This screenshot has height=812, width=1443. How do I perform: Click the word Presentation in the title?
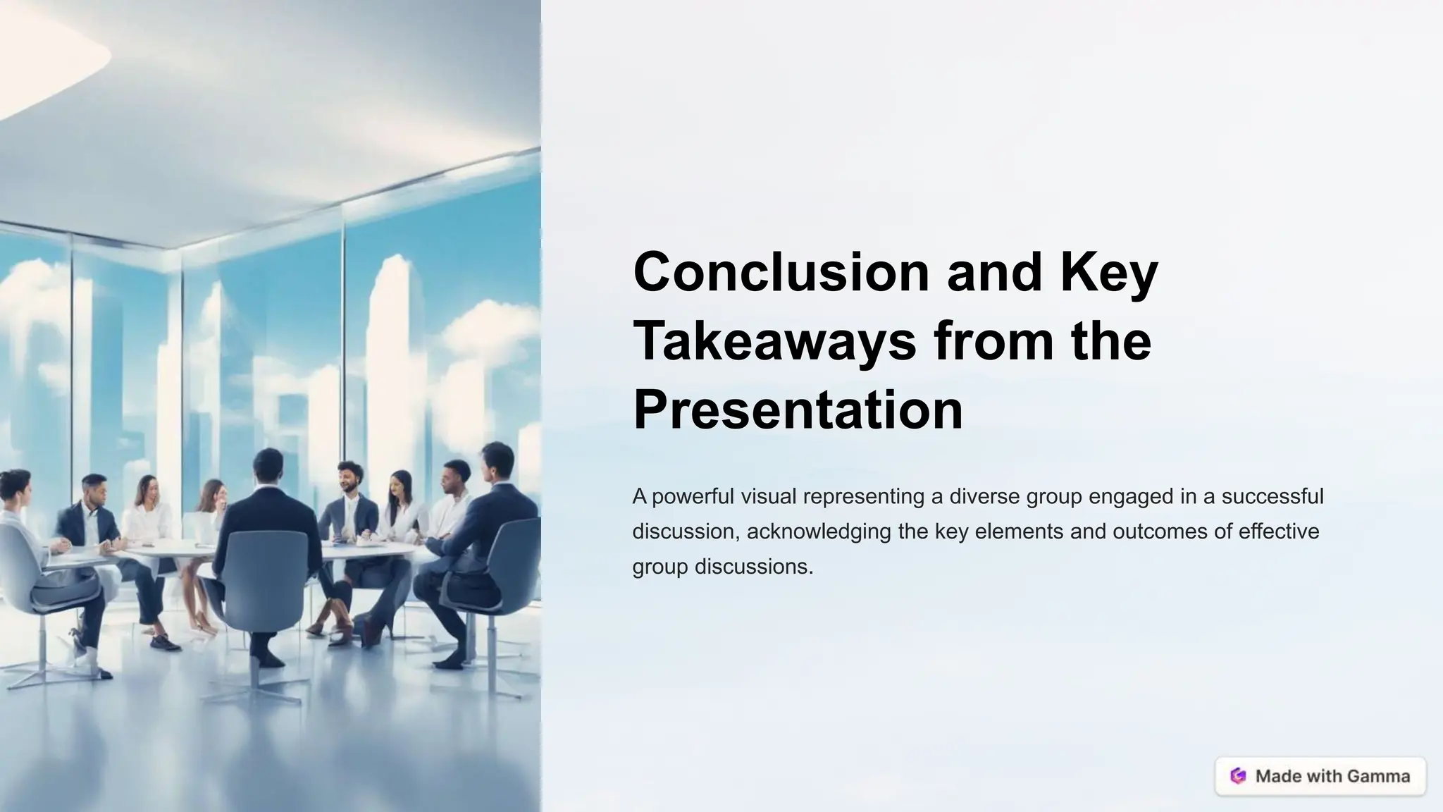pyautogui.click(x=798, y=410)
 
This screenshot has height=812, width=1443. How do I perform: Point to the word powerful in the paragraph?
pyautogui.click(x=693, y=497)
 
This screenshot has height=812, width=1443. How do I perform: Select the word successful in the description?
pyautogui.click(x=1272, y=497)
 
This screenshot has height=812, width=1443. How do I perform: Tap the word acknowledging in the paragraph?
pyautogui.click(x=819, y=531)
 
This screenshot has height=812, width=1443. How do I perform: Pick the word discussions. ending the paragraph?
pyautogui.click(x=754, y=567)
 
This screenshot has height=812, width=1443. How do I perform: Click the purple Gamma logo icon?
pyautogui.click(x=1238, y=776)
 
